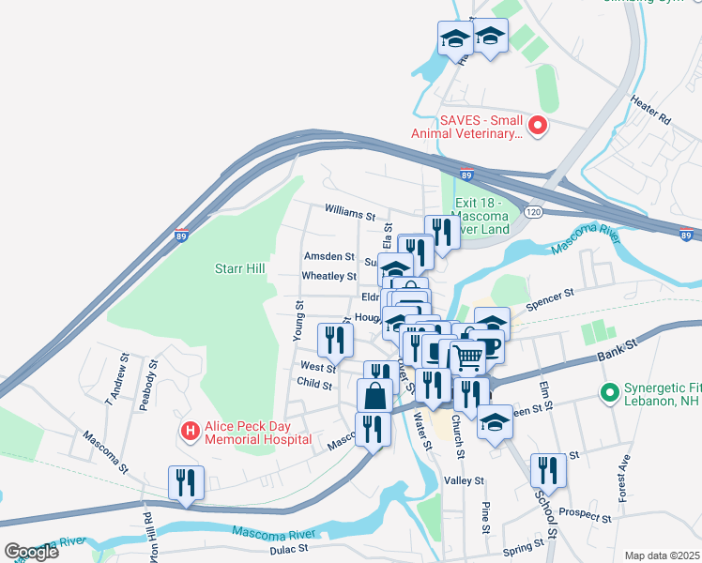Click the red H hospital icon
click(190, 431)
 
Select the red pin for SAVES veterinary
click(538, 125)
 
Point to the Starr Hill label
click(239, 269)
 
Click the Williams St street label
click(349, 215)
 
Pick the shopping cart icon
click(468, 355)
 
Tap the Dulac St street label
click(289, 549)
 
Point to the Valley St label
click(464, 480)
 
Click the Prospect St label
click(585, 512)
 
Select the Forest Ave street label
click(622, 480)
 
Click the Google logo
click(32, 552)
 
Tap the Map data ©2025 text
click(662, 555)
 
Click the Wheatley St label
click(328, 276)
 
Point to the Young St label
click(299, 319)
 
